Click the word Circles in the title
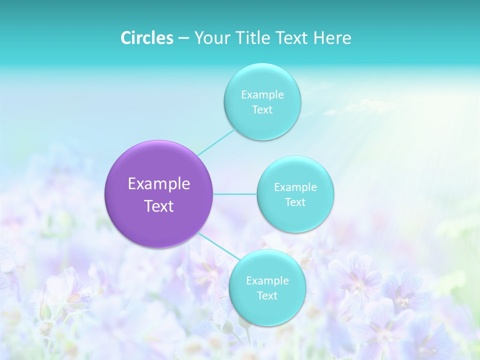click(x=147, y=38)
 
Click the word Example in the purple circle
click(x=159, y=184)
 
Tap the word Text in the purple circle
click(x=159, y=206)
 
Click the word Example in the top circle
click(x=262, y=95)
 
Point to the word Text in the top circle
click(x=262, y=110)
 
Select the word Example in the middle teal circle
click(x=295, y=187)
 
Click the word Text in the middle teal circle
click(x=295, y=202)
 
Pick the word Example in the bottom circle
click(x=267, y=281)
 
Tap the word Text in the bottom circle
click(x=267, y=296)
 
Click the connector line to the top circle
click(x=216, y=142)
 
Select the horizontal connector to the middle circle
click(x=235, y=194)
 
